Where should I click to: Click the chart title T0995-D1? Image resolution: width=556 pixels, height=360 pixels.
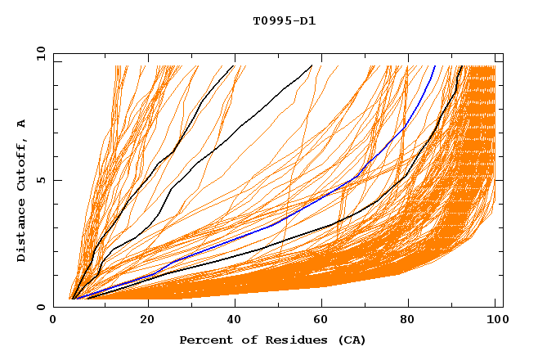tap(284, 20)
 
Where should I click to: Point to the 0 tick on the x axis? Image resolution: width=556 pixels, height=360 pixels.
tap(54, 321)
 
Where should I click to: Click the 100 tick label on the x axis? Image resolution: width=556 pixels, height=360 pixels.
tap(495, 321)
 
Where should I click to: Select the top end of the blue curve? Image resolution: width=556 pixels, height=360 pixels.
tap(434, 66)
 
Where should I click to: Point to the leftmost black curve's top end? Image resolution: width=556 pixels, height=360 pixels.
tap(234, 65)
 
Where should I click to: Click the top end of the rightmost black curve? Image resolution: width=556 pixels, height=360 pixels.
tap(461, 66)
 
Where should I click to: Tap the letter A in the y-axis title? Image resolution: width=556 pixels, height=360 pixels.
tap(21, 123)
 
